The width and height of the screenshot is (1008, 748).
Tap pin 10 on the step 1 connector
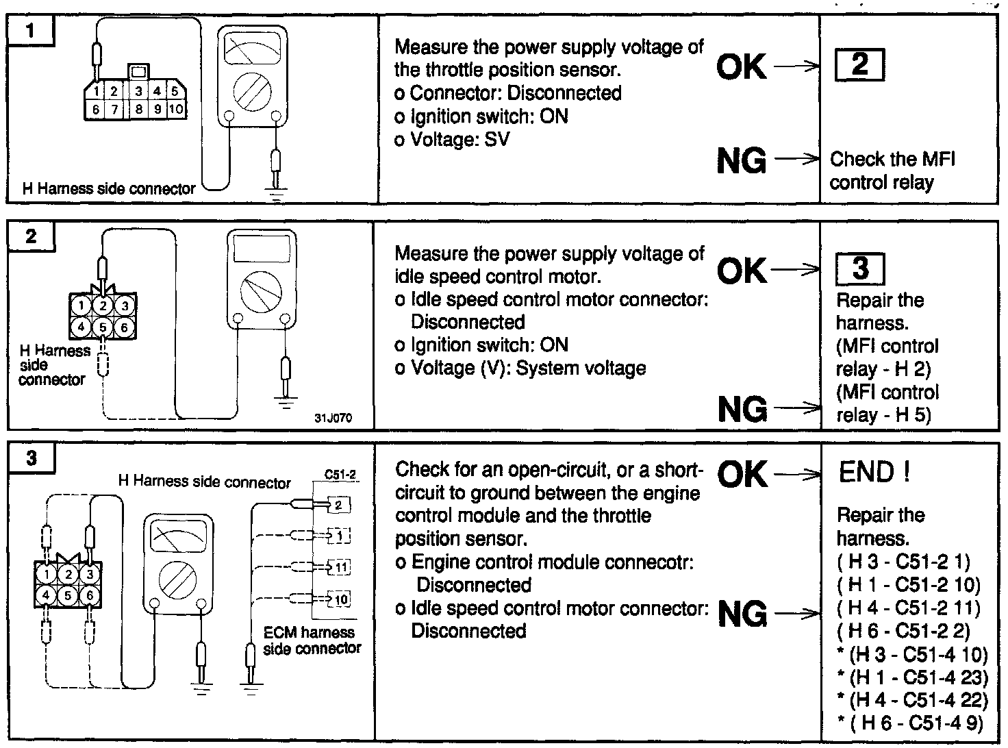(175, 109)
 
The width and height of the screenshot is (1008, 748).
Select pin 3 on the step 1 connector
(139, 91)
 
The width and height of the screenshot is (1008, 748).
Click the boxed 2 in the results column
(859, 65)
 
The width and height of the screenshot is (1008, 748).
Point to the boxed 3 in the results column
(860, 269)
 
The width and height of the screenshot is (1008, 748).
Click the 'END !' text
(874, 472)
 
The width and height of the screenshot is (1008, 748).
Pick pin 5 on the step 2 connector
(103, 327)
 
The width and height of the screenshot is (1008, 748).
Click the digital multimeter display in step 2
(261, 249)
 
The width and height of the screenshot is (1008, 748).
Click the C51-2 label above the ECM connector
(341, 473)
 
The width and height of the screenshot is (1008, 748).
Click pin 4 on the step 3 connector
(47, 596)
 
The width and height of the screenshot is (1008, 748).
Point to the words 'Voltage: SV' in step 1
(452, 139)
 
